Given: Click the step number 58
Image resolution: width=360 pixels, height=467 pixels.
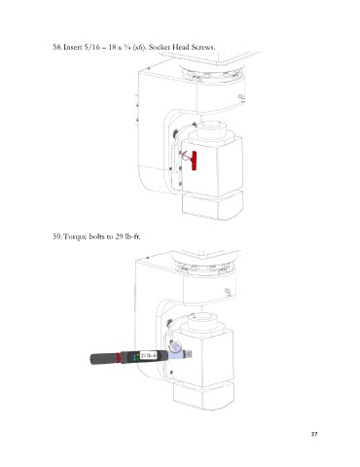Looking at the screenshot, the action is click(57, 47).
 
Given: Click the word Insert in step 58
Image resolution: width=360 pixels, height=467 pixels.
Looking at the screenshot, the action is click(72, 47).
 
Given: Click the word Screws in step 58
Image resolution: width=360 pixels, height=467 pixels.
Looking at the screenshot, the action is click(202, 47).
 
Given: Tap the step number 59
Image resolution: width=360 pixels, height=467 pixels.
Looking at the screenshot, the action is click(57, 236).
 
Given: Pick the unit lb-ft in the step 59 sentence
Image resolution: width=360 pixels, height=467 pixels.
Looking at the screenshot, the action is click(132, 236).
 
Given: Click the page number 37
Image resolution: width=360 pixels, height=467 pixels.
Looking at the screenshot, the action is click(314, 434).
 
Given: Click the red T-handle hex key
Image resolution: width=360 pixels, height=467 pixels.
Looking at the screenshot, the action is click(193, 161).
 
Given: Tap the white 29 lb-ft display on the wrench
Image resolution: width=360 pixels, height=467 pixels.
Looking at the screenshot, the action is click(148, 356).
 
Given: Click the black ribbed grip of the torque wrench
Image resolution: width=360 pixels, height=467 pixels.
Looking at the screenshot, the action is click(103, 359).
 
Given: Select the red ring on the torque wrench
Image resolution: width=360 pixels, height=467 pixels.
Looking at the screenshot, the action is click(118, 358).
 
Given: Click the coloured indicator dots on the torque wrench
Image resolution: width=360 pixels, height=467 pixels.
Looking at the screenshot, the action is click(136, 357).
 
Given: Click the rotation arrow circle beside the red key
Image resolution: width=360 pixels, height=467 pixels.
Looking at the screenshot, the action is click(185, 157).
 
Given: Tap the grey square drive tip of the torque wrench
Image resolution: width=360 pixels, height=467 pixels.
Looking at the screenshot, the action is click(190, 355).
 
